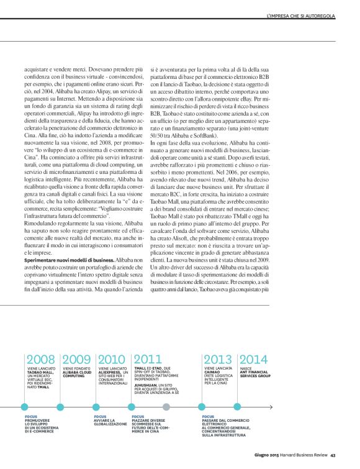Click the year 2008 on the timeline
(x=40, y=358)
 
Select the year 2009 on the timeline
(x=76, y=358)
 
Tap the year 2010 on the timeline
(x=112, y=358)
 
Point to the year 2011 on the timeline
(x=148, y=358)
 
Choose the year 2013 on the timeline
(x=218, y=358)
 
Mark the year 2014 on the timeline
(x=254, y=358)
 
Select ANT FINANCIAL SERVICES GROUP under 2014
(x=255, y=374)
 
